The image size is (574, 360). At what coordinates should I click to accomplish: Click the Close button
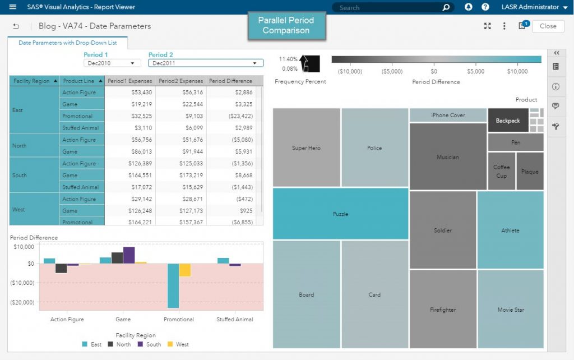pyautogui.click(x=548, y=26)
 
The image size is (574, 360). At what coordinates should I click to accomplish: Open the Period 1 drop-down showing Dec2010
pyautogui.click(x=112, y=63)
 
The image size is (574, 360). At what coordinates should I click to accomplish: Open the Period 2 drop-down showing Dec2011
pyautogui.click(x=205, y=63)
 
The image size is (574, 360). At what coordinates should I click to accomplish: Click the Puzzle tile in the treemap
pyautogui.click(x=340, y=214)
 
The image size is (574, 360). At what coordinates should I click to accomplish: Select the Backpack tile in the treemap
pyautogui.click(x=507, y=121)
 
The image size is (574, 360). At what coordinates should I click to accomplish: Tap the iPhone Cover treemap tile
pyautogui.click(x=448, y=115)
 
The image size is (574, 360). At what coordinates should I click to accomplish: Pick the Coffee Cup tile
pyautogui.click(x=501, y=172)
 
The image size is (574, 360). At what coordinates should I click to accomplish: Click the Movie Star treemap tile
pyautogui.click(x=511, y=310)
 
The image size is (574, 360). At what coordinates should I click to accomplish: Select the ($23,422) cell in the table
pyautogui.click(x=235, y=116)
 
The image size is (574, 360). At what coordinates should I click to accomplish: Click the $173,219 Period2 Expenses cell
pyautogui.click(x=180, y=176)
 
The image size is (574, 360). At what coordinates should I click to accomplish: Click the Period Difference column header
pyautogui.click(x=230, y=81)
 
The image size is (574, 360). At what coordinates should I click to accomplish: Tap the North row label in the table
pyautogui.click(x=20, y=146)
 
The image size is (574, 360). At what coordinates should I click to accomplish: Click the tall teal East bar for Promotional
pyautogui.click(x=173, y=285)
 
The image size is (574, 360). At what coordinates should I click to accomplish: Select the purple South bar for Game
pyautogui.click(x=129, y=255)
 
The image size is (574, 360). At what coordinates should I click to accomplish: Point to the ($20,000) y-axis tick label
pyautogui.click(x=22, y=302)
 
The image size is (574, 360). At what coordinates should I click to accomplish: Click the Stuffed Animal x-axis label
pyautogui.click(x=234, y=319)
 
